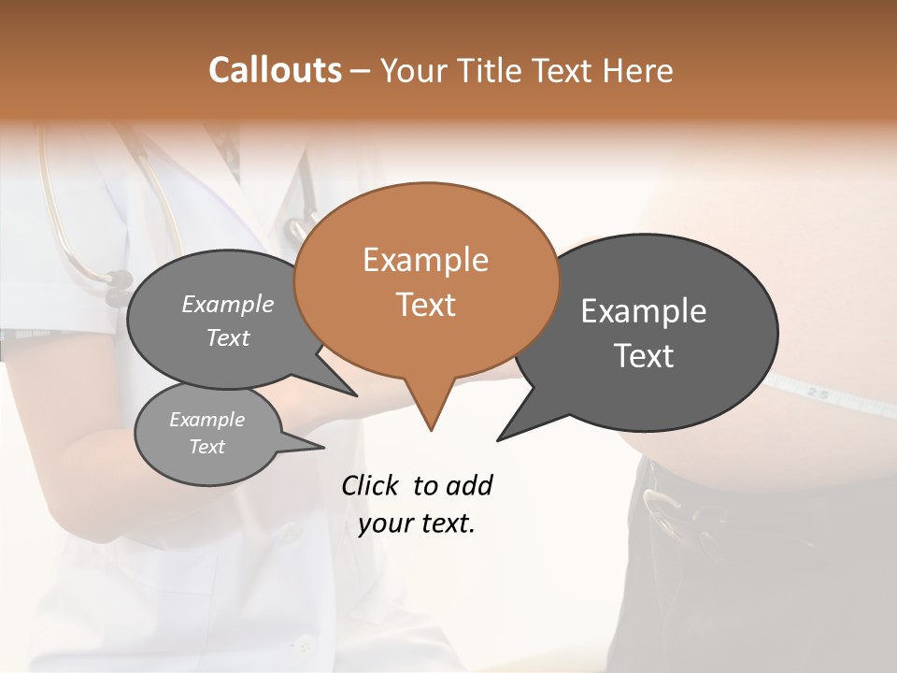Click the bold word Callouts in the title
[x=276, y=70]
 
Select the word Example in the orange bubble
[x=425, y=259]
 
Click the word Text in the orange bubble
[x=425, y=305]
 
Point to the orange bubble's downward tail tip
[x=431, y=430]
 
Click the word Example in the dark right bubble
[x=644, y=310]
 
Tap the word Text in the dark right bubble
[x=644, y=356]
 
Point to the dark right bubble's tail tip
[x=498, y=439]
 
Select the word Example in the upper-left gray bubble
[x=228, y=304]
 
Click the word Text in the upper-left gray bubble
[x=228, y=337]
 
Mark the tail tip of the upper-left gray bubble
[x=356, y=395]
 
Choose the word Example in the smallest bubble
[x=206, y=420]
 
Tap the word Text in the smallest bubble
[x=206, y=447]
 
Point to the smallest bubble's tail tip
[x=323, y=447]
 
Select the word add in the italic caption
[x=469, y=485]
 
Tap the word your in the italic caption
[x=382, y=523]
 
